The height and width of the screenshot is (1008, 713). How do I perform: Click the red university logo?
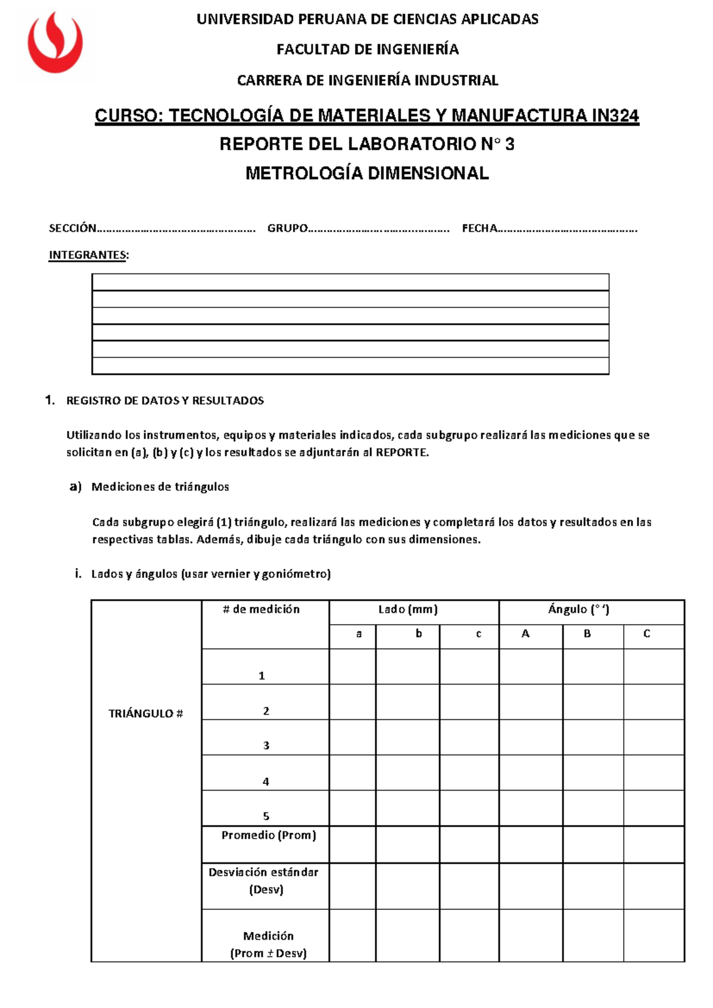[x=55, y=43]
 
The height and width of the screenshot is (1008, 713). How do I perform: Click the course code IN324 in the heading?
[x=615, y=115]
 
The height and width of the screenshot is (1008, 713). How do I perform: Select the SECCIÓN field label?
[x=72, y=228]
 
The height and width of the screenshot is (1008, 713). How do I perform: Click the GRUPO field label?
[x=287, y=228]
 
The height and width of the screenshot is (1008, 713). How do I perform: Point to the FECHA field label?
[x=479, y=228]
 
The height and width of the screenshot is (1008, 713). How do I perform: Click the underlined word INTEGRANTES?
[x=87, y=255]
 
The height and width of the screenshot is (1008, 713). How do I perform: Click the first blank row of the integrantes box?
[x=350, y=282]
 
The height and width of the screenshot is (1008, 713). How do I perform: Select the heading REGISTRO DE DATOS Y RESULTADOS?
[x=165, y=401]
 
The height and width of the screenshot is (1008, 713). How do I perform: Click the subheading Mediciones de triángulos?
[x=160, y=487]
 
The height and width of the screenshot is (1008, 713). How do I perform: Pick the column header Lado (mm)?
[x=408, y=609]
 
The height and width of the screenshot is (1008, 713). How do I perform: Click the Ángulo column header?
[x=578, y=609]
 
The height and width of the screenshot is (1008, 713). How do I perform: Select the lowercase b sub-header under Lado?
[x=418, y=634]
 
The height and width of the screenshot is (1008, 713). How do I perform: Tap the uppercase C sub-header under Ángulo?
[x=646, y=634]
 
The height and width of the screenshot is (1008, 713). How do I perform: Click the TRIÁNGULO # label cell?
[x=146, y=713]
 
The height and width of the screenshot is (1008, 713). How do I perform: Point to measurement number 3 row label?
[x=266, y=745]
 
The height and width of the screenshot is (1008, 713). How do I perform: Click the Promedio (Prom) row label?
[x=269, y=835]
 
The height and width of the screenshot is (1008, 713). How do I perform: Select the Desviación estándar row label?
[x=263, y=872]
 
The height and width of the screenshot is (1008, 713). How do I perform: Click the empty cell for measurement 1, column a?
[x=352, y=666]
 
